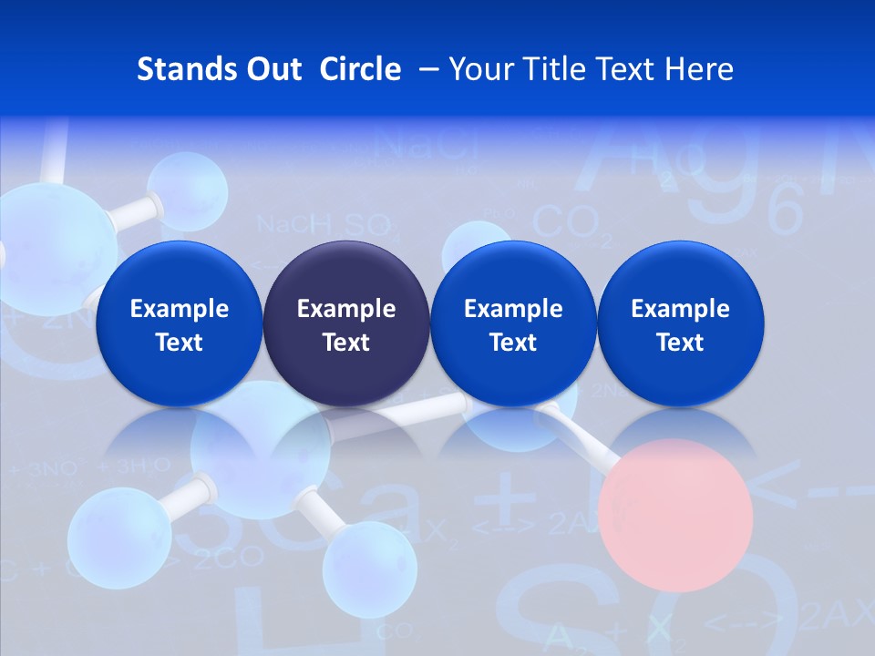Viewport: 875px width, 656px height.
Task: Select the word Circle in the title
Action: pos(360,69)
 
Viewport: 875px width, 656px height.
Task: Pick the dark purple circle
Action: pos(346,324)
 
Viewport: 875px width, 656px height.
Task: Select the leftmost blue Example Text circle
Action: pos(179,324)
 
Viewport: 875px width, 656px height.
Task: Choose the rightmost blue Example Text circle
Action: pos(680,324)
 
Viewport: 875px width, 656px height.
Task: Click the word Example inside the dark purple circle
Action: pos(346,309)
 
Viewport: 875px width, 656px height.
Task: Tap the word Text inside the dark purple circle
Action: pos(346,343)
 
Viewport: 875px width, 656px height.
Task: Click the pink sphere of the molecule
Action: pos(684,515)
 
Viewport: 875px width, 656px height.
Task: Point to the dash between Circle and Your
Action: pos(426,69)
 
